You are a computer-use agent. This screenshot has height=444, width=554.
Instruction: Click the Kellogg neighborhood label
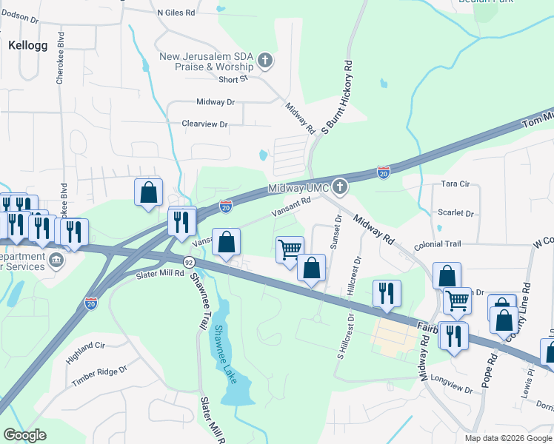coord(27,45)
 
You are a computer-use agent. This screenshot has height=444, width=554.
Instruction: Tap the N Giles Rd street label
coord(176,13)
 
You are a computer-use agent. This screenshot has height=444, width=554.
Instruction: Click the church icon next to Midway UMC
coord(340,186)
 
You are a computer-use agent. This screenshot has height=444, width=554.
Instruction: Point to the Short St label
coord(233,79)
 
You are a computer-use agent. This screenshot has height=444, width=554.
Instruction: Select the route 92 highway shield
coord(189,262)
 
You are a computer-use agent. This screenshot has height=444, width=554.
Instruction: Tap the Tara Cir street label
coord(455,184)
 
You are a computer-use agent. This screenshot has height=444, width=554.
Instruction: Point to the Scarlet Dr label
coord(455,213)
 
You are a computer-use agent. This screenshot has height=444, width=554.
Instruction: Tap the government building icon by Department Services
coord(56,260)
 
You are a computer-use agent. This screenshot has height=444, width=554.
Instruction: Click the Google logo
coord(24,435)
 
